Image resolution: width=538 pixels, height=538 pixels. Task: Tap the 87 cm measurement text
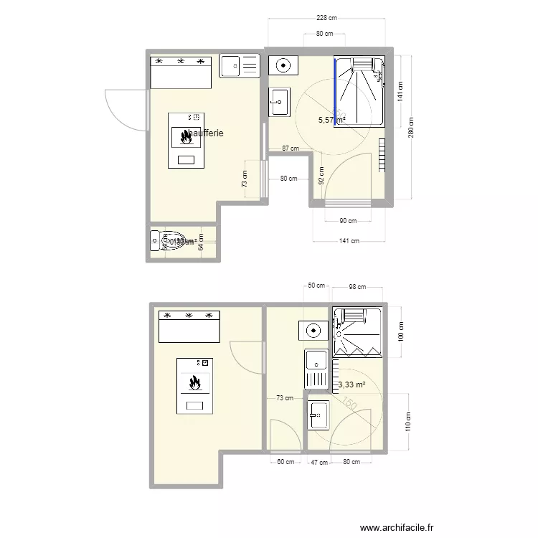click(x=290, y=148)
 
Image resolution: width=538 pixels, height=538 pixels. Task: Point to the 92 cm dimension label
click(x=321, y=175)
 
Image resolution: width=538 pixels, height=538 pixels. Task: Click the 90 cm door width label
click(x=348, y=221)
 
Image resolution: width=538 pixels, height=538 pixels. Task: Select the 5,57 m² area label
click(x=331, y=121)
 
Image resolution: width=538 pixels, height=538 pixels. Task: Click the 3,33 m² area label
click(x=351, y=384)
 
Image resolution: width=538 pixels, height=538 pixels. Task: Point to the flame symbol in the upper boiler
click(x=186, y=135)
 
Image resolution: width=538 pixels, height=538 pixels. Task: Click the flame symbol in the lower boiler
click(x=194, y=383)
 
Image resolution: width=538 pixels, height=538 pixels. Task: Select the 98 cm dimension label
click(x=357, y=287)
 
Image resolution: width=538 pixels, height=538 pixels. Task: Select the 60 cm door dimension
click(x=285, y=462)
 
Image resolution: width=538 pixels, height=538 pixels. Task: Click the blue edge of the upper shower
click(x=335, y=92)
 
